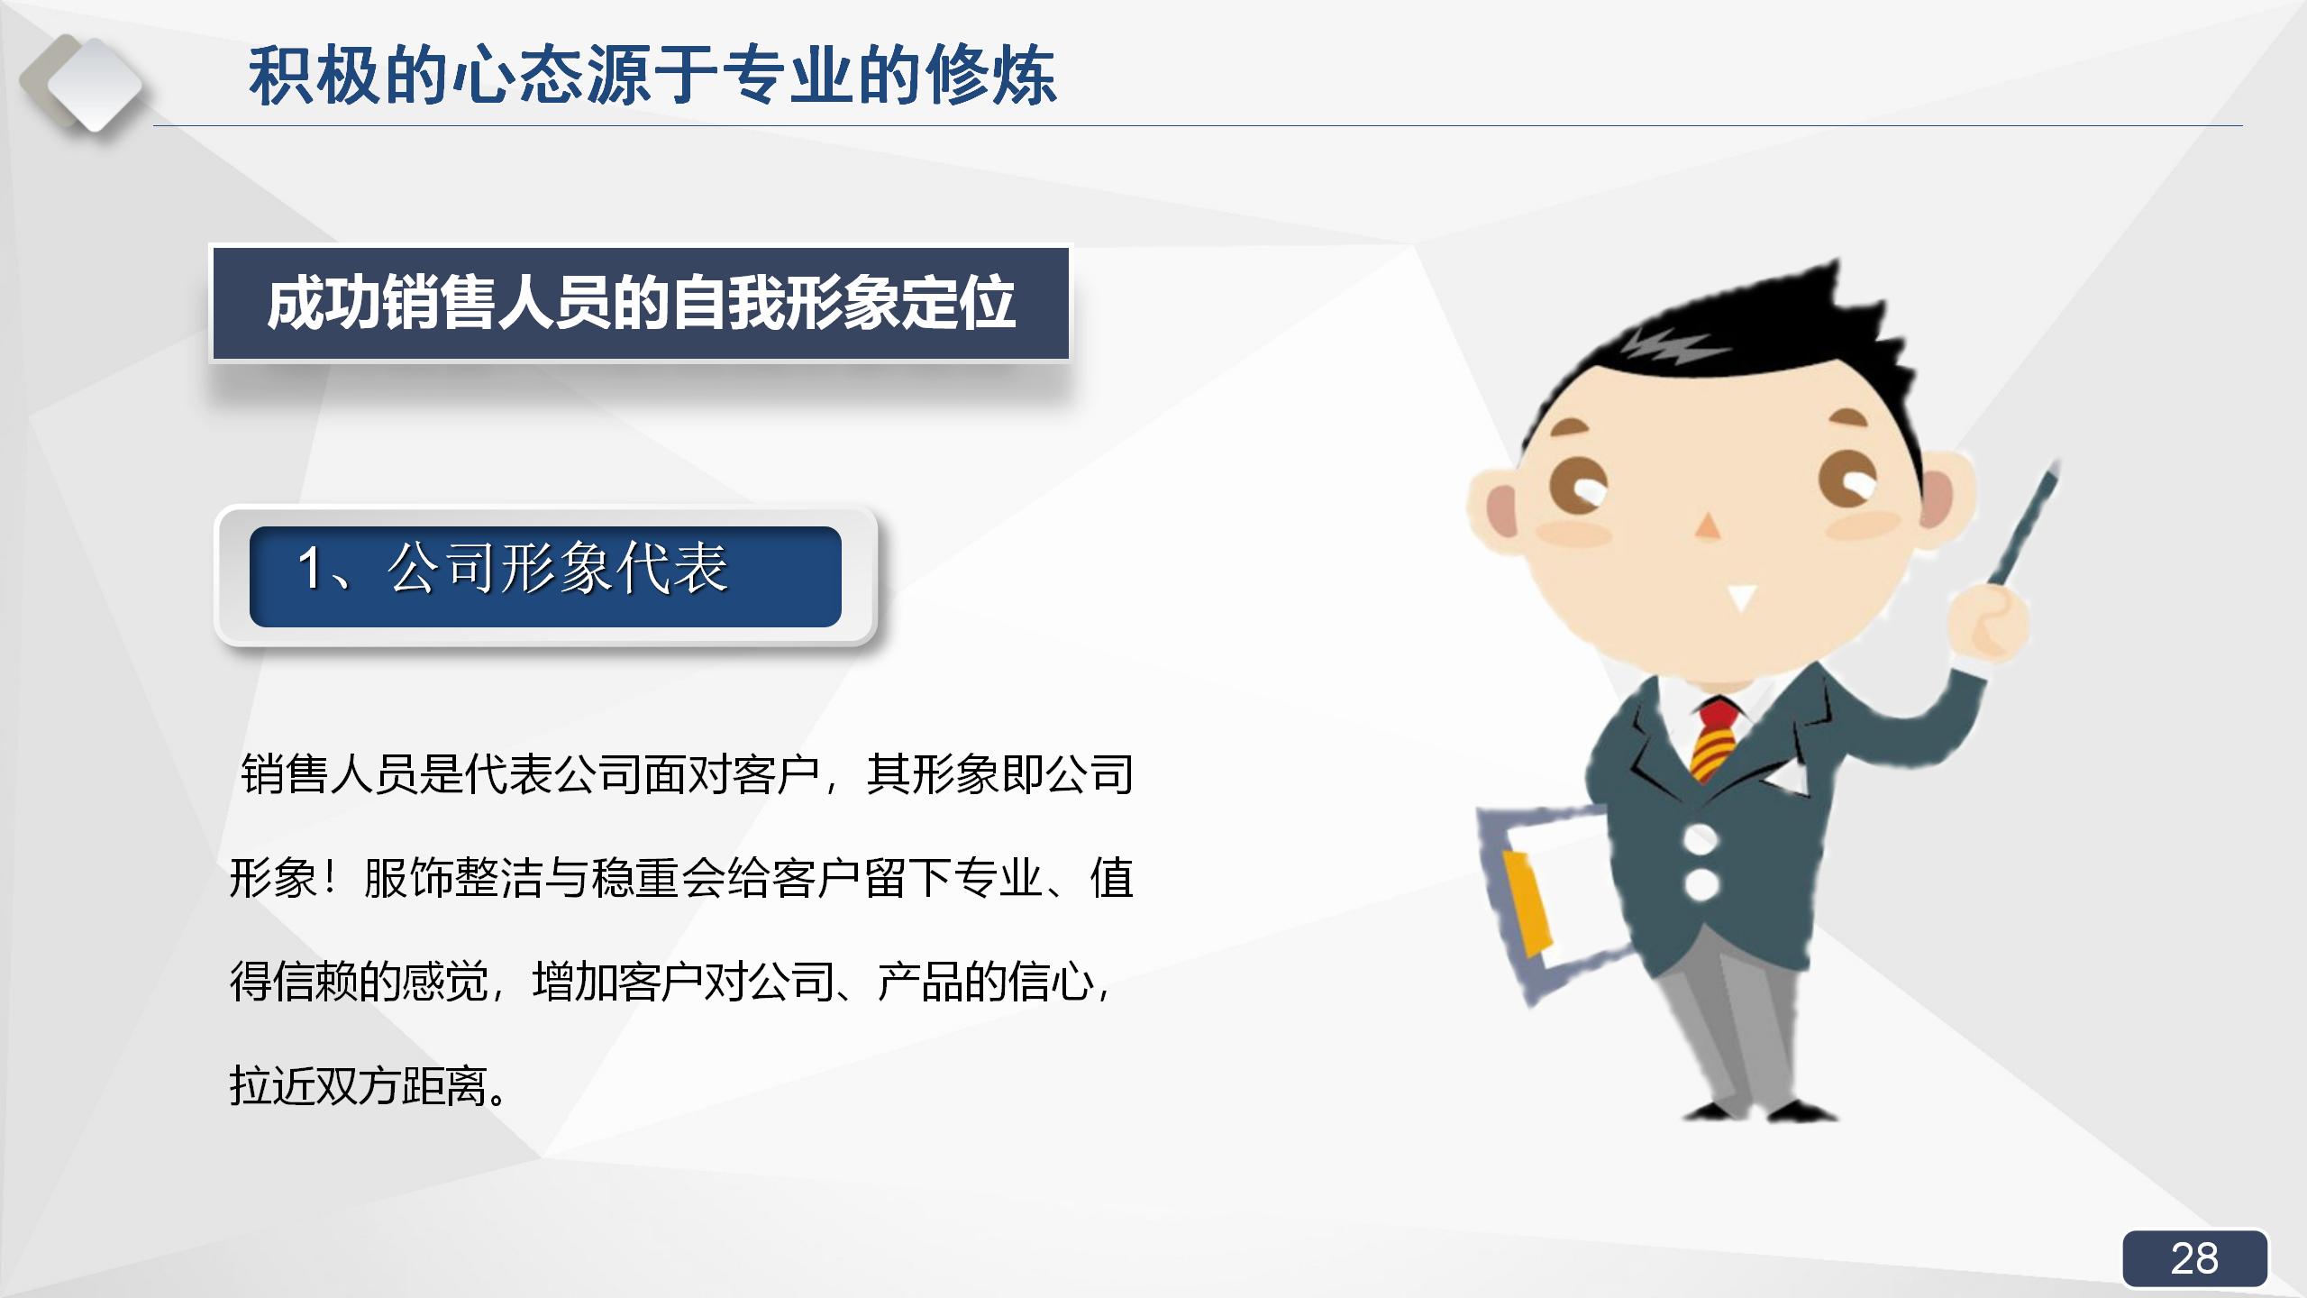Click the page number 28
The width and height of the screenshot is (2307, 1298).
2193,1258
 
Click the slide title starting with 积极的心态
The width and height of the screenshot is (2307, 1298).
652,76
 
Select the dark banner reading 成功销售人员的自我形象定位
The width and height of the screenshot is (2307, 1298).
640,304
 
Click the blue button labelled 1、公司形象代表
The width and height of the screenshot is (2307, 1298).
544,575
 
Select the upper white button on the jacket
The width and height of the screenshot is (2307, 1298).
1700,839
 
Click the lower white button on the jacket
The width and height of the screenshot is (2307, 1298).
1700,884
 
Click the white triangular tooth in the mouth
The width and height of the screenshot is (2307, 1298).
1742,597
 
